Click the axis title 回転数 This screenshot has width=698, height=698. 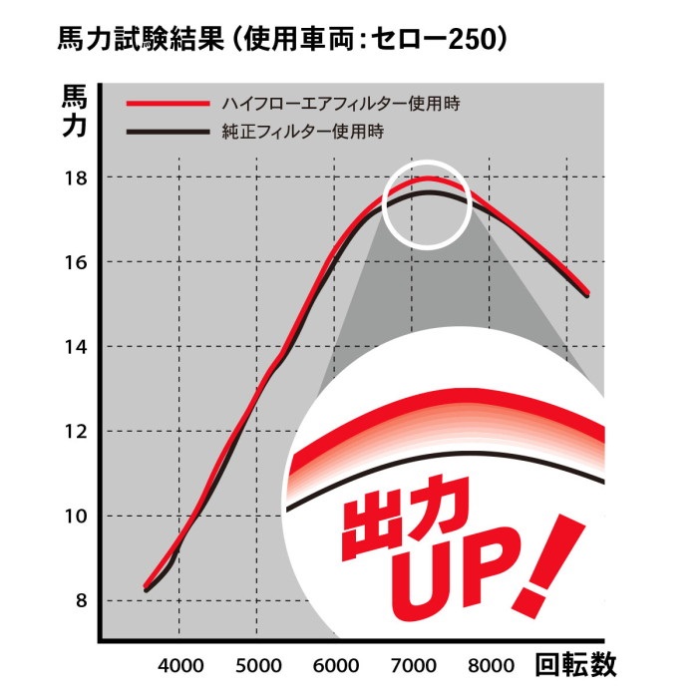[576, 664]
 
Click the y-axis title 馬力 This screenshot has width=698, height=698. [76, 112]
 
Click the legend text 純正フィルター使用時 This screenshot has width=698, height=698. [304, 132]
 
